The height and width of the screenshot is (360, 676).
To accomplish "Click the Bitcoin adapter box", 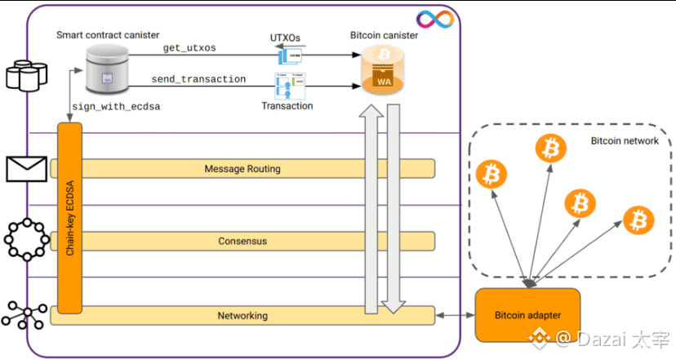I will point(527,315).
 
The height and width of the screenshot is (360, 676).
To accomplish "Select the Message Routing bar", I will point(242,169).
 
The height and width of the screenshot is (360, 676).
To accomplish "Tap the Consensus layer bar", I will point(242,242).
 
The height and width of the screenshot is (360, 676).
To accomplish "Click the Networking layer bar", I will point(242,315).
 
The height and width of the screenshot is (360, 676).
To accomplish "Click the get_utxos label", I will point(189,48).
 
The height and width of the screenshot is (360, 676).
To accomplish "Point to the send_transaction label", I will point(198,79).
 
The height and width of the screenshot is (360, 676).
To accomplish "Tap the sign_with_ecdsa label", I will point(115,106).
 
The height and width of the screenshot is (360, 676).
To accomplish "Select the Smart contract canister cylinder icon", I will point(108,69).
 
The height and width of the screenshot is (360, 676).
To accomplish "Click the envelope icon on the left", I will point(26,168).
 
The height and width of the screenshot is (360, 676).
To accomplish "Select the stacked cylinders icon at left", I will point(25,74).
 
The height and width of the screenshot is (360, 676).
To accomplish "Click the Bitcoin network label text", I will point(625,141).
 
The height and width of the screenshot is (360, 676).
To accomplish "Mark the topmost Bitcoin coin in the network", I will point(550,149).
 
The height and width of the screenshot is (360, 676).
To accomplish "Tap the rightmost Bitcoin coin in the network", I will point(638,220).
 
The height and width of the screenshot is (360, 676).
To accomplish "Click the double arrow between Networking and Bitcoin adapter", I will point(455,315).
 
